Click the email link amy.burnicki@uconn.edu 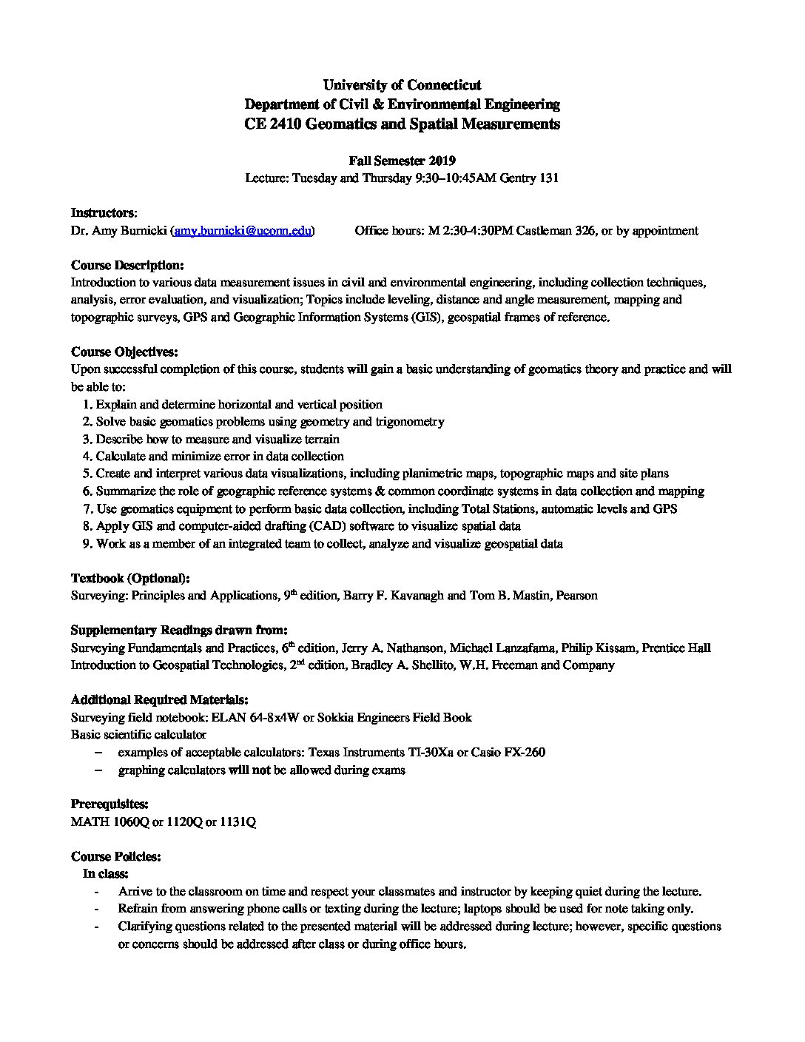pyautogui.click(x=243, y=230)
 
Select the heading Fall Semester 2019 pyautogui.click(x=402, y=161)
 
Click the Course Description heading pyautogui.click(x=127, y=265)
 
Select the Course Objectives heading pyautogui.click(x=124, y=352)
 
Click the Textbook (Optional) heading pyautogui.click(x=130, y=578)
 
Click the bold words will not pyautogui.click(x=249, y=770)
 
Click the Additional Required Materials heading pyautogui.click(x=159, y=700)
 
